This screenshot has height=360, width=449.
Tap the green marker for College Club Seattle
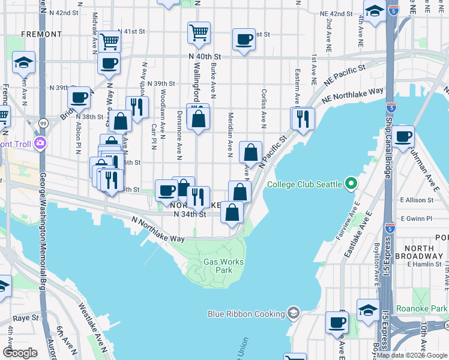coord(352,184)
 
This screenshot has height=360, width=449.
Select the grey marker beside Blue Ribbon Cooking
coord(292,313)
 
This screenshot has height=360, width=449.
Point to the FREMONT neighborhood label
coord(38,35)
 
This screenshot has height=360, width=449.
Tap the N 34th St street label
coord(190,214)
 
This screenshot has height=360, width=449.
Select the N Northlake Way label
coord(158,230)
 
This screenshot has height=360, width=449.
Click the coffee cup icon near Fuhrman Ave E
coord(404,136)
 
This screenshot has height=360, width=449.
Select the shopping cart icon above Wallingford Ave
coord(199,32)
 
